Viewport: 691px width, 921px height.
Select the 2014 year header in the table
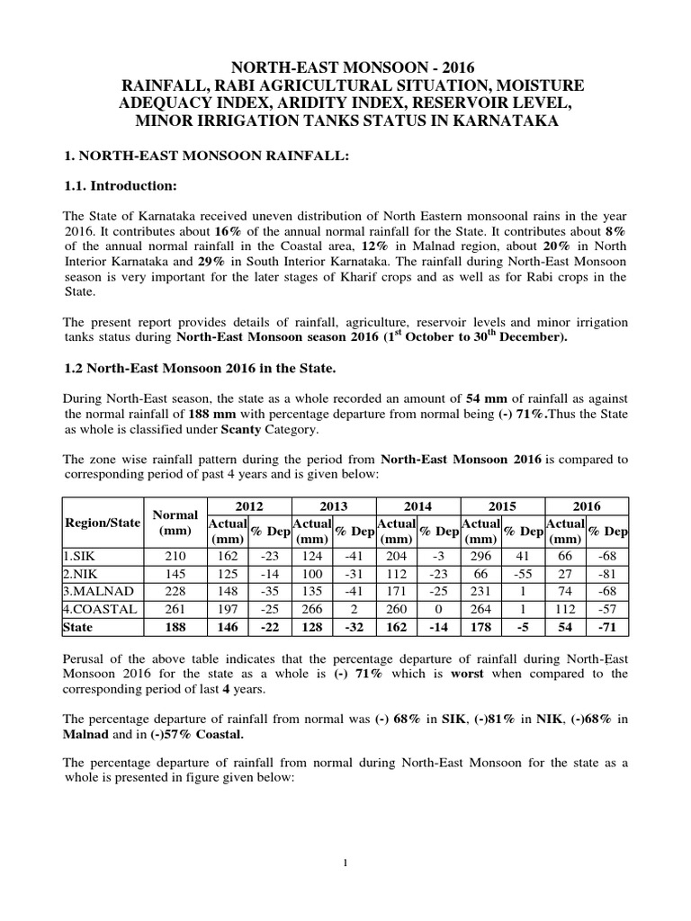[417, 505]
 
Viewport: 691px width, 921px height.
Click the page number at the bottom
[345, 863]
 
